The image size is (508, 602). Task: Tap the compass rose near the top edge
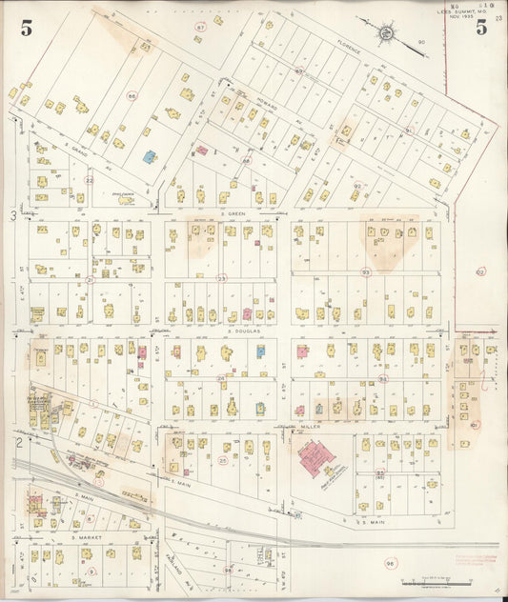pos(386,33)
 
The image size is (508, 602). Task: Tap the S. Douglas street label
pos(244,330)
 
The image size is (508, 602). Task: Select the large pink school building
pos(315,459)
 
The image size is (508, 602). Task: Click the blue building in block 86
pos(150,155)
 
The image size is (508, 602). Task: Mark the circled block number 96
pos(390,564)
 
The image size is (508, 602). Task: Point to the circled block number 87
pos(199,28)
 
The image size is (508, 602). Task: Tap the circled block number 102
pos(479,271)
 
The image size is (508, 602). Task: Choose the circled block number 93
pos(365,272)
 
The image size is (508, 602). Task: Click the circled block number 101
pos(474,425)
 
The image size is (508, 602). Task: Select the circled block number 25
pos(223,461)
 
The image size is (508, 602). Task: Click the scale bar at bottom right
pos(436,580)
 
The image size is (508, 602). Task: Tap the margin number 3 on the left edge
pos(13,216)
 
